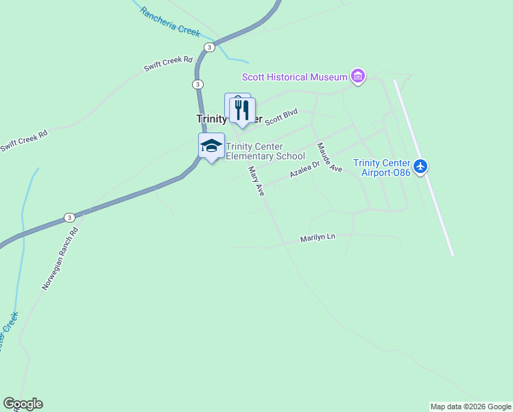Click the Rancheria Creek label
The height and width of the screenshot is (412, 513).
point(169,21)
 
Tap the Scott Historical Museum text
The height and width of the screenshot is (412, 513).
point(294,77)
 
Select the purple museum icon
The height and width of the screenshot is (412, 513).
point(357,76)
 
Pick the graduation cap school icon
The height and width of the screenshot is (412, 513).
point(212,146)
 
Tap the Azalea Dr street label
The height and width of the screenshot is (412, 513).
point(305,170)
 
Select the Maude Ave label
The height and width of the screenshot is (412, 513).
point(329,157)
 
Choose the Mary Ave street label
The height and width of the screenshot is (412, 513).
point(256,181)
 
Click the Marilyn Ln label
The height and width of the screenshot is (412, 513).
point(318,238)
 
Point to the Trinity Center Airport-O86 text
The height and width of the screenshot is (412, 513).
point(381,168)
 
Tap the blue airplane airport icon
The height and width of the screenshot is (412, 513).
point(420,165)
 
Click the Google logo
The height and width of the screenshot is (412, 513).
point(23,404)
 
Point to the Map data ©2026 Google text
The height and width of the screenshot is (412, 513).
point(470,407)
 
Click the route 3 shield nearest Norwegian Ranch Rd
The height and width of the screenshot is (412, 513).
point(69,217)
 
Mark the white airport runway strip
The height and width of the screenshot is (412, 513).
point(423,168)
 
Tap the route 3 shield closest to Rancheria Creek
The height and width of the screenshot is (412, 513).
point(209,47)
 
